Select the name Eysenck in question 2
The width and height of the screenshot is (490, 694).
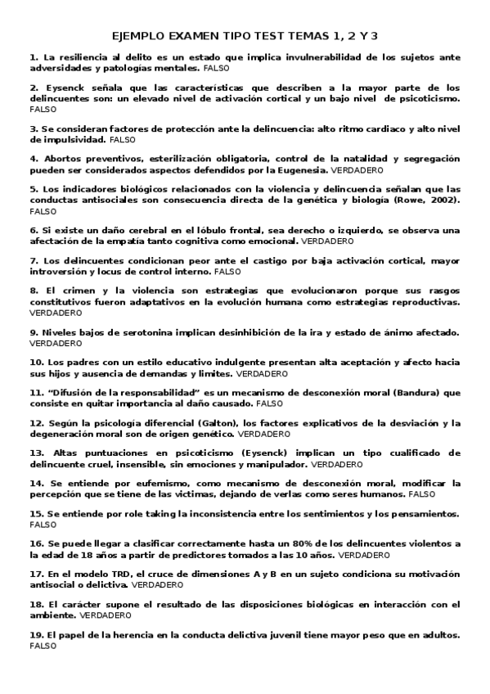(66, 87)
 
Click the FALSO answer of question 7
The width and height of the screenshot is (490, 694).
(229, 271)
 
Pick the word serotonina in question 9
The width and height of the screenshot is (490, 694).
(129, 332)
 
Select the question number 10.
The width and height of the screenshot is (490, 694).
(37, 361)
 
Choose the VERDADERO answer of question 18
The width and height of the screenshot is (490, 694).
(107, 615)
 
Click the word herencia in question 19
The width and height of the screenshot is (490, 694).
(132, 635)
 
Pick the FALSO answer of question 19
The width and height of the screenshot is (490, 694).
(42, 645)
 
